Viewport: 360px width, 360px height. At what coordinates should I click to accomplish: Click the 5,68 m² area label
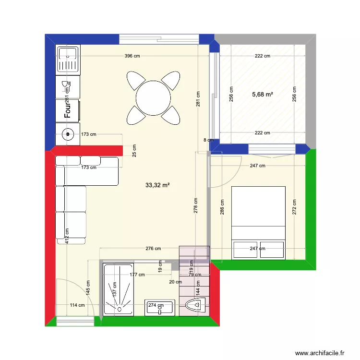pyautogui.click(x=262, y=94)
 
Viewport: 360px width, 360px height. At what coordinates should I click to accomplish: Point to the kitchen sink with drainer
pyautogui.click(x=68, y=59)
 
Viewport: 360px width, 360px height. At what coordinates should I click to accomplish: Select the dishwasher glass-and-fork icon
pyautogui.click(x=66, y=86)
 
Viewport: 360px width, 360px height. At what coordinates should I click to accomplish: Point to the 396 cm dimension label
pyautogui.click(x=132, y=56)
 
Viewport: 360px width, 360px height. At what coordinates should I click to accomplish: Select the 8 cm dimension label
pyautogui.click(x=208, y=140)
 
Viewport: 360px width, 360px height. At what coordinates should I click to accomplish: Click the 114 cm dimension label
pyautogui.click(x=77, y=305)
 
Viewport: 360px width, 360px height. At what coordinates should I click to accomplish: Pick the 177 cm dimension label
pyautogui.click(x=137, y=275)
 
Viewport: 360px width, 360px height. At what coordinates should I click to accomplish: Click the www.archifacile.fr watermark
pyautogui.click(x=320, y=353)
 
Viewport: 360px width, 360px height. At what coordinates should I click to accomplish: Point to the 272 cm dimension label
pyautogui.click(x=294, y=206)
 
